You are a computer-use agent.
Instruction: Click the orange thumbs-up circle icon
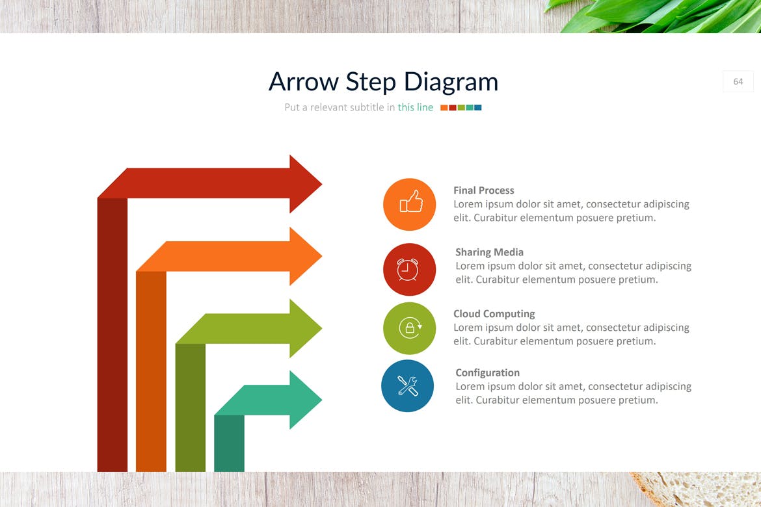point(409,204)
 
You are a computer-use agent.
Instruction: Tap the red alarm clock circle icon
point(409,269)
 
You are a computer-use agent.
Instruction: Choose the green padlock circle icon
point(409,328)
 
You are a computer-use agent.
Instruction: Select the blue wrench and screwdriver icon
point(408,385)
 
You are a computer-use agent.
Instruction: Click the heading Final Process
point(483,190)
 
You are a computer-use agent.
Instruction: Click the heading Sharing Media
point(489,252)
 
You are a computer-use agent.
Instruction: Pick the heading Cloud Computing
point(494,314)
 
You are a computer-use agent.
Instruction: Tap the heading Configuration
point(487,372)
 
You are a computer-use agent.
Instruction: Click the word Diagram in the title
point(451,82)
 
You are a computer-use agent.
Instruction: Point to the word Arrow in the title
point(304,81)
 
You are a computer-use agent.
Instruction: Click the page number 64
point(738,81)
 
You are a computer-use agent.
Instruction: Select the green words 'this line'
point(416,107)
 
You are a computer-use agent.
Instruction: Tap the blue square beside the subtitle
point(478,108)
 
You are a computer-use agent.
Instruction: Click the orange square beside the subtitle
point(444,108)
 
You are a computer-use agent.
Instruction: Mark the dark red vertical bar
point(112,335)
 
